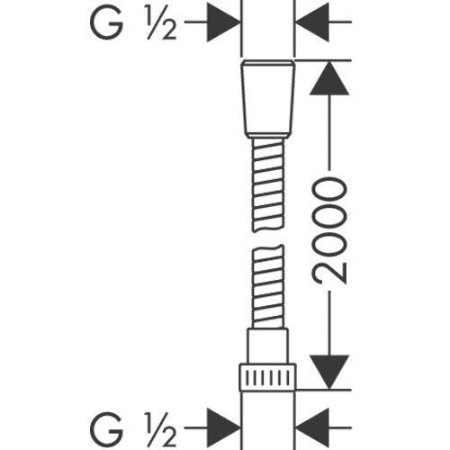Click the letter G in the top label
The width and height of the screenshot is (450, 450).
pos(107,22)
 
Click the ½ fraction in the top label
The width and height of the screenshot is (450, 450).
pos(161,22)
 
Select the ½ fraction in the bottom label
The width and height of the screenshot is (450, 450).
pos(161,428)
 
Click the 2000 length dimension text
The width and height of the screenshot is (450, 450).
pos(329,230)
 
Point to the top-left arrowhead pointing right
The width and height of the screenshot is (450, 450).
pos(223,22)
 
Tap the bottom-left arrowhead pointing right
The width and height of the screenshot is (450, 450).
pos(223,427)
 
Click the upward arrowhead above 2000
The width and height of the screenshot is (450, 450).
pos(329,78)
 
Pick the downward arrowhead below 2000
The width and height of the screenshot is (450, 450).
pos(329,372)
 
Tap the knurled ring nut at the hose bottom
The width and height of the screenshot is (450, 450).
pos(268,377)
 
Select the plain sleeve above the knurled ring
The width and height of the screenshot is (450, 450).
pos(268,346)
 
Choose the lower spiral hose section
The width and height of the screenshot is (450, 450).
pos(268,286)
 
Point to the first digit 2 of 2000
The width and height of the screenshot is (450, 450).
pos(329,273)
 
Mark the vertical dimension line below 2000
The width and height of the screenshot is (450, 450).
pos(329,323)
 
